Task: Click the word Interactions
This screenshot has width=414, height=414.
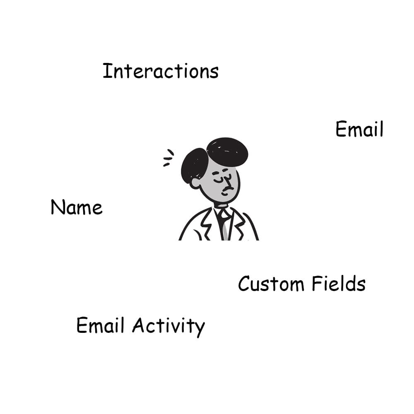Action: [x=161, y=71]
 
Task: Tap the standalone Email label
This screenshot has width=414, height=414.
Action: [x=359, y=129]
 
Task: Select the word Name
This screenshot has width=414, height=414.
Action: [x=77, y=207]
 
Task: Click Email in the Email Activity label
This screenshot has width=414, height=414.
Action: [x=100, y=325]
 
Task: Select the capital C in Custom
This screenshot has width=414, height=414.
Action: [x=244, y=284]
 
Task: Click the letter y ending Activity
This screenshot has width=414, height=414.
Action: [x=199, y=328]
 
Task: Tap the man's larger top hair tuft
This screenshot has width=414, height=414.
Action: [x=227, y=152]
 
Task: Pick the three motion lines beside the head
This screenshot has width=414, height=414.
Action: [x=168, y=158]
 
